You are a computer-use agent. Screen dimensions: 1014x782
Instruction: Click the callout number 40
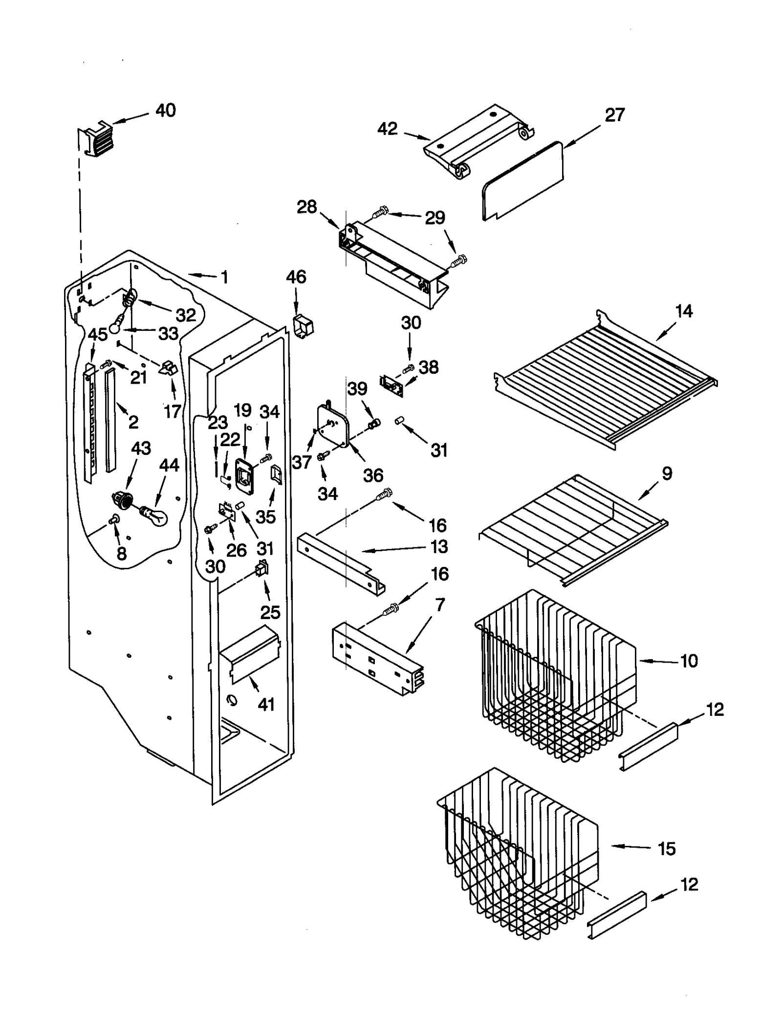(x=165, y=110)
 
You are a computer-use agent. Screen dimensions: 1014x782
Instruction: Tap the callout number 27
(x=614, y=115)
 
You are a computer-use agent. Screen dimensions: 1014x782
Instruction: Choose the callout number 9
(x=667, y=473)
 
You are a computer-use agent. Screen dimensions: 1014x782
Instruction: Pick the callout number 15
(x=667, y=849)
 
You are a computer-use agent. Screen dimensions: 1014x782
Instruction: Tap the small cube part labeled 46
(x=303, y=325)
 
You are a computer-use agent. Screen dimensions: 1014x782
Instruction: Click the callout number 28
(x=307, y=207)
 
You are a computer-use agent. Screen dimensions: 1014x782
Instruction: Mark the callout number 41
(x=266, y=704)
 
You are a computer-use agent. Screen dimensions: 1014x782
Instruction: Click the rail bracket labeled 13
(x=342, y=562)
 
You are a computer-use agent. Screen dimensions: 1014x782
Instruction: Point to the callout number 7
(x=439, y=604)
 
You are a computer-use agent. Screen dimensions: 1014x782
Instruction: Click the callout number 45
(x=98, y=335)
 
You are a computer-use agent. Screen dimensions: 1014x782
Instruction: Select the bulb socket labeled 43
(x=124, y=499)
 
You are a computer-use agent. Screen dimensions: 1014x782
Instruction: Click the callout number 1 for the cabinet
(x=224, y=278)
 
